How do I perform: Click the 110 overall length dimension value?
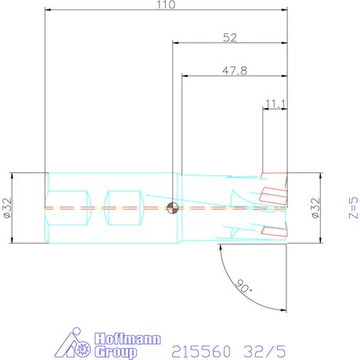[166, 5]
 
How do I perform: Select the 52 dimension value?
[230, 38]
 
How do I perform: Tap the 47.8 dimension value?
[235, 70]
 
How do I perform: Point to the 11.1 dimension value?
[275, 104]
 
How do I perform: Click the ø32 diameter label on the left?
[8, 208]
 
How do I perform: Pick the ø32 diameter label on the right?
[315, 208]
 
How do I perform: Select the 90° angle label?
[244, 286]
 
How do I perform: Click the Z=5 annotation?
[354, 207]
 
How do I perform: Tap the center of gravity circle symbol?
[172, 208]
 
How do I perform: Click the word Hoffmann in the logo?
[128, 339]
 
